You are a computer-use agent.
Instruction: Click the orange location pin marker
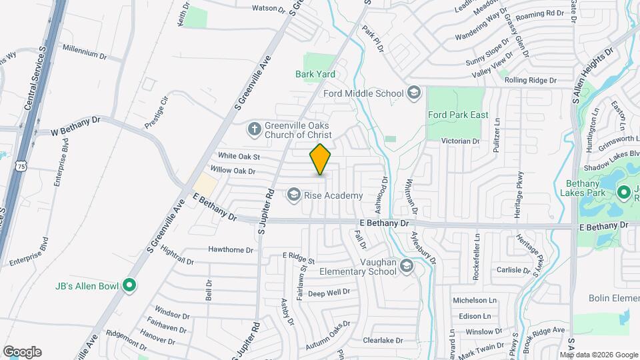(321, 159)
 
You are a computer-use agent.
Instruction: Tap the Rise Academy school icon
(293, 195)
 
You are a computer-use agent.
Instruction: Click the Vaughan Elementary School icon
(407, 267)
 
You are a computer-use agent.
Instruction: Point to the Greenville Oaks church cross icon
(254, 127)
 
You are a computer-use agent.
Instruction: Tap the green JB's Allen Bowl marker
(130, 287)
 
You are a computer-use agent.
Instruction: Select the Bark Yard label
(315, 74)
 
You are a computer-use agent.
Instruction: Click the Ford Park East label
(457, 115)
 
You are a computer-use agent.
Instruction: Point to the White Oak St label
(238, 157)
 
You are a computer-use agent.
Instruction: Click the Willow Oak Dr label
(232, 171)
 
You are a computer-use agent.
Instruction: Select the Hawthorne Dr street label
(231, 251)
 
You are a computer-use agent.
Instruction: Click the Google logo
(22, 351)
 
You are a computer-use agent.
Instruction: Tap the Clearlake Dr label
(383, 340)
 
